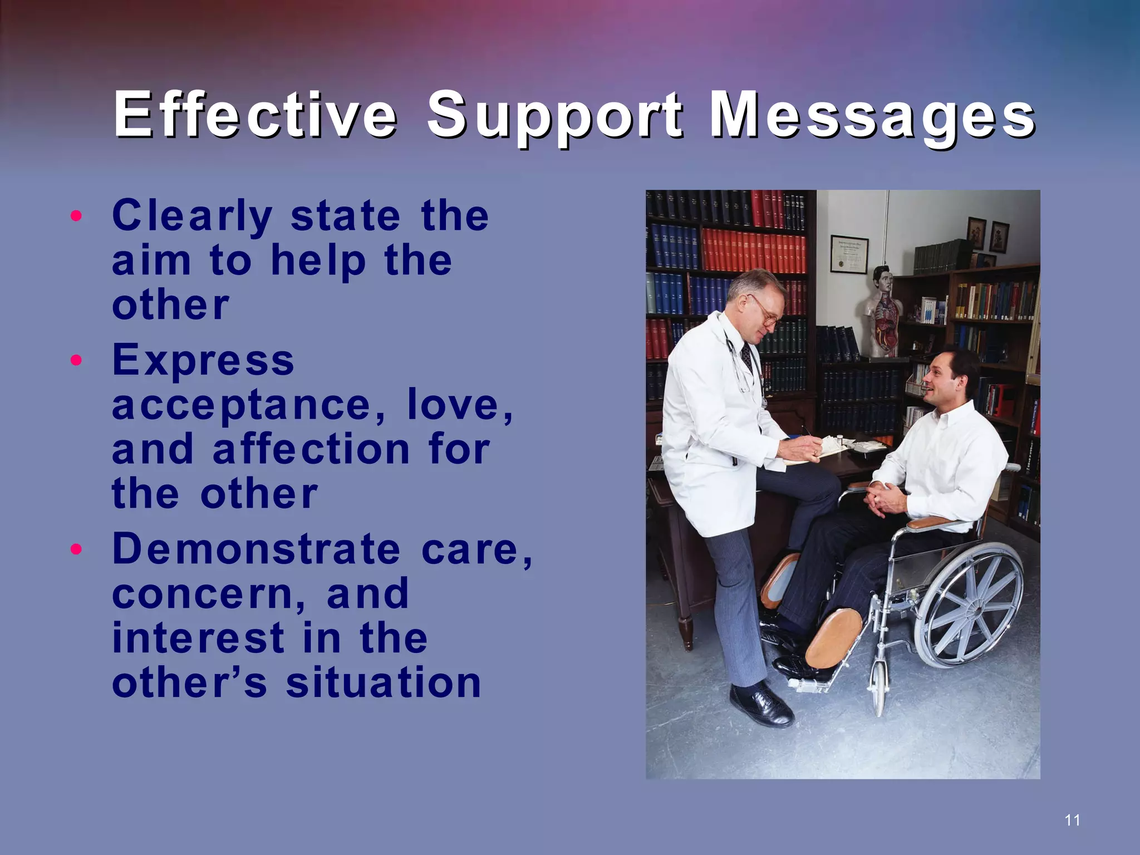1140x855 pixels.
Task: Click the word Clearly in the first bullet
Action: point(192,216)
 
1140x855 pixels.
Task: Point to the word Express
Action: point(203,361)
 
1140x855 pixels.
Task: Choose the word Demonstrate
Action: point(256,549)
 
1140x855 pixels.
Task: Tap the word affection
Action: point(311,449)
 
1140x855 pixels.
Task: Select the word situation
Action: point(384,683)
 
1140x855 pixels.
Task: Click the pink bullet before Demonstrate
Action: point(77,549)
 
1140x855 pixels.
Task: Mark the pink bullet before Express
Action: point(77,360)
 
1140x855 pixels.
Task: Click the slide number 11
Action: point(1072,820)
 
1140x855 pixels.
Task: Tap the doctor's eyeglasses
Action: point(767,312)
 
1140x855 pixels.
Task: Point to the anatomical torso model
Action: point(883,312)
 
